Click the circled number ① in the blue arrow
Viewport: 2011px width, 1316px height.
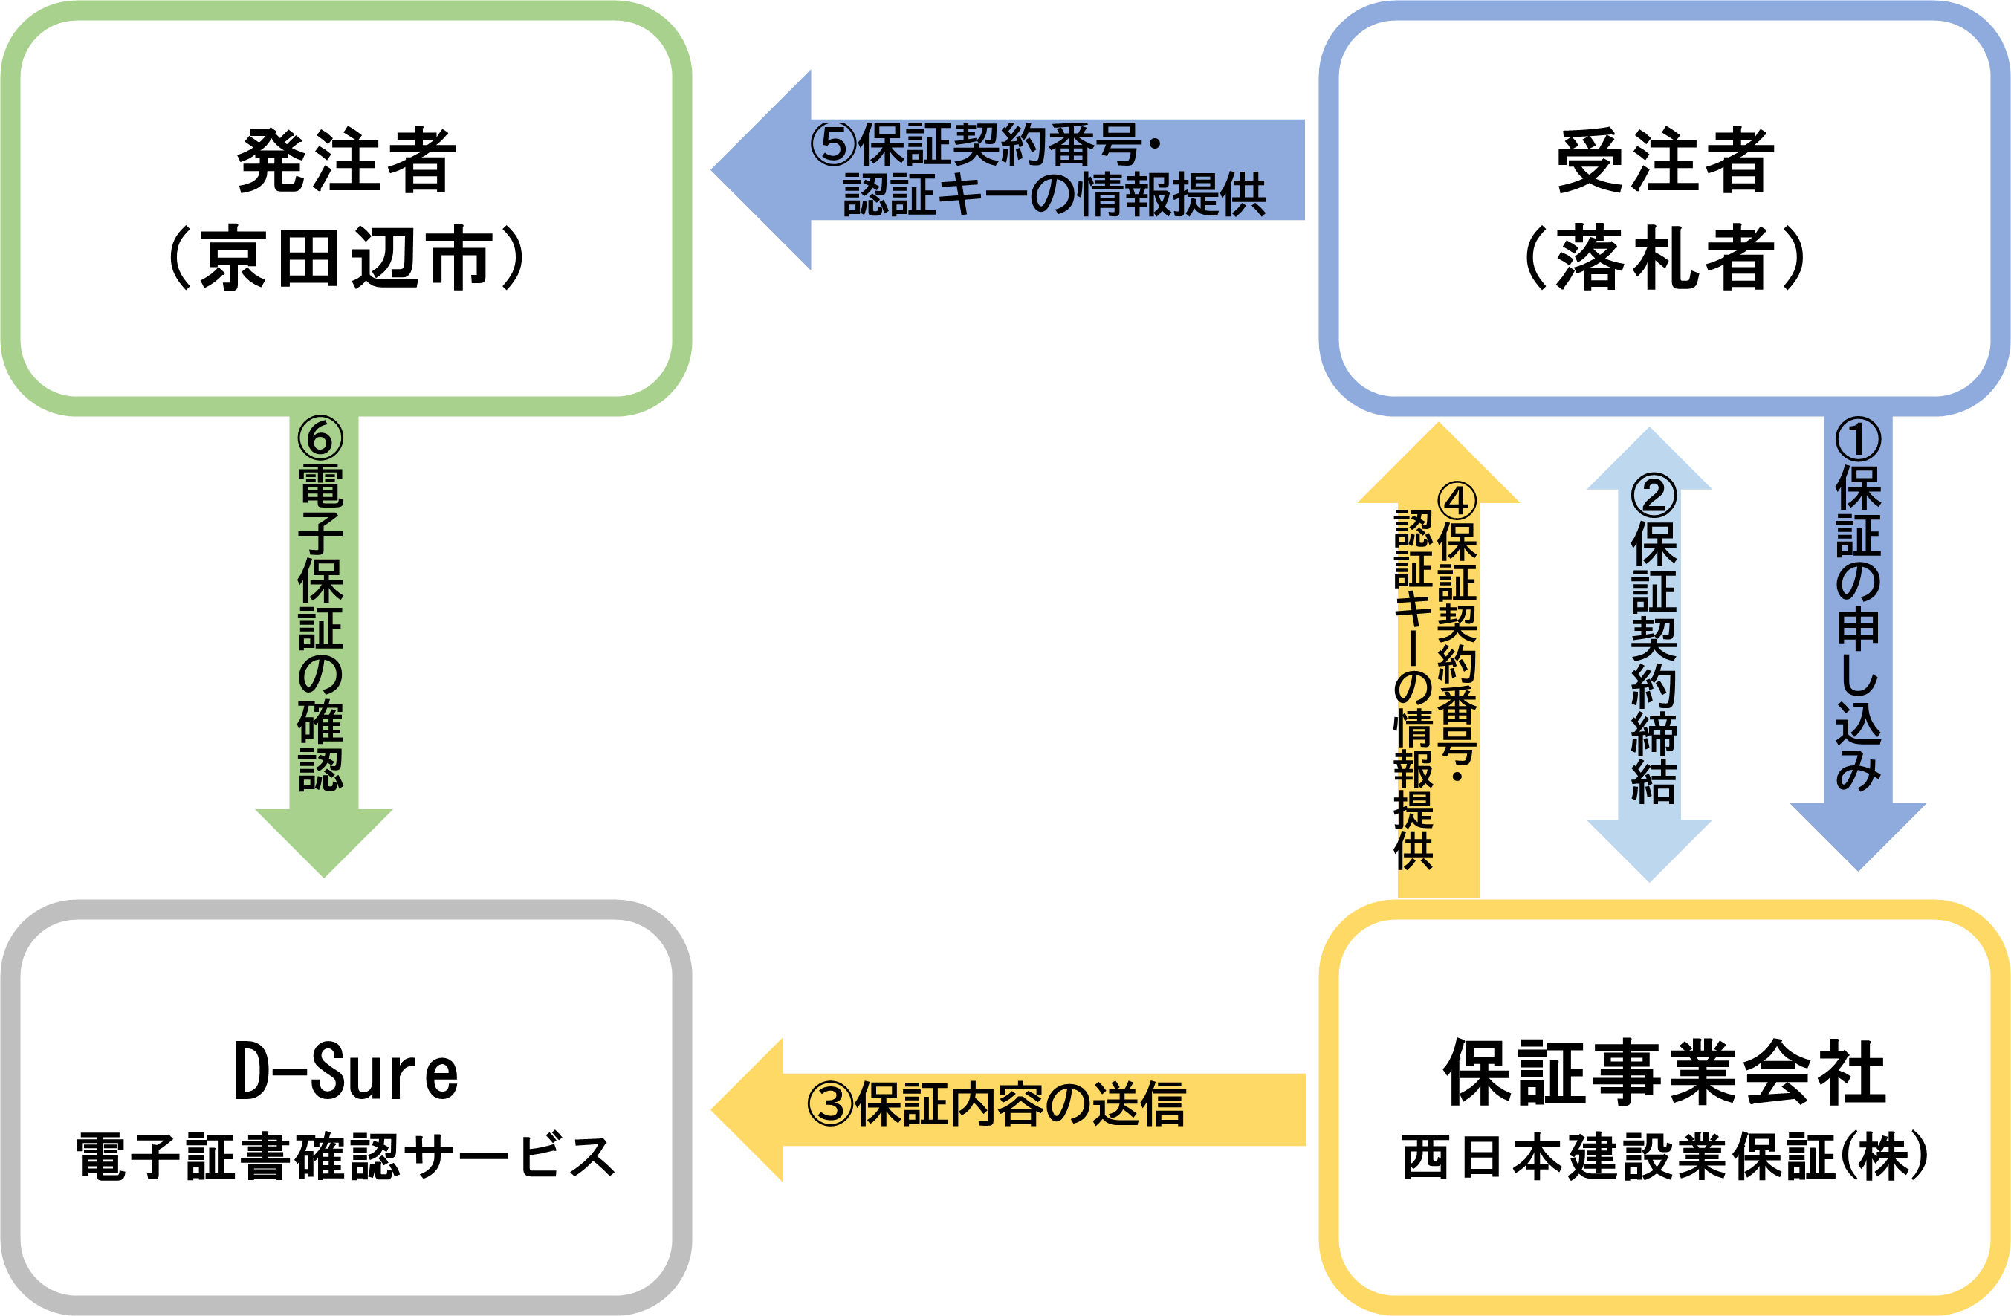(1858, 439)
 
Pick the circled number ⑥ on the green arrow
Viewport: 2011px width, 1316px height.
(321, 438)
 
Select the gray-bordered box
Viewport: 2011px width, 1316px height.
(346, 1106)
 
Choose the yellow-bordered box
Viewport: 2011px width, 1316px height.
(1664, 1106)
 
